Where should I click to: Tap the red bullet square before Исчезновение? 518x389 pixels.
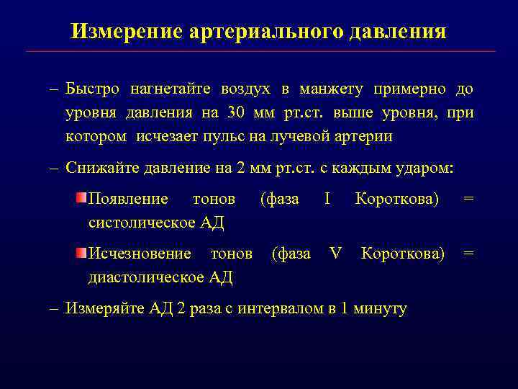click(82, 253)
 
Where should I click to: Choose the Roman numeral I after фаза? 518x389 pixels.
click(327, 199)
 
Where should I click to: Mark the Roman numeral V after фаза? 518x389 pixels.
click(335, 254)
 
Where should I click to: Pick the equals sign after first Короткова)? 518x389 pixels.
click(468, 199)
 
